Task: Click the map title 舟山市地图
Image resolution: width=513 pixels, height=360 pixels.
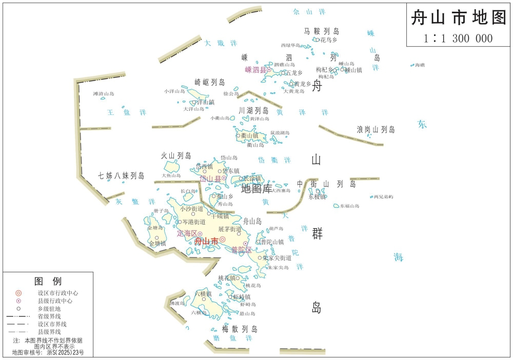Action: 459,18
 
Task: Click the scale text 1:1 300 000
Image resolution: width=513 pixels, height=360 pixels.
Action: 458,38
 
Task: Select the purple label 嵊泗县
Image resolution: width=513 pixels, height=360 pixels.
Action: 255,70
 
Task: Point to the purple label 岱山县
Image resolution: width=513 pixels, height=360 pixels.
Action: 210,178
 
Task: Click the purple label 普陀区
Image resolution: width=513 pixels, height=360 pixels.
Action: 242,250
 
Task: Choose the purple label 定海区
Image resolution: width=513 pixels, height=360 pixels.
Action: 187,233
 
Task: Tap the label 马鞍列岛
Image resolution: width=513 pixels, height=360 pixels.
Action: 322,31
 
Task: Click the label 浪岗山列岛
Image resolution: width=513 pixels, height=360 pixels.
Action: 376,130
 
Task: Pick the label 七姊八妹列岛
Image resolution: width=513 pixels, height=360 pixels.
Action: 122,175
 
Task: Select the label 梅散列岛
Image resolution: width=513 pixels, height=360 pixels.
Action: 240,329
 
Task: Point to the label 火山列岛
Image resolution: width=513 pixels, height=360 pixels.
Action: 176,155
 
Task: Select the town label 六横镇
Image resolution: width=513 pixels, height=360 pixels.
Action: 203,294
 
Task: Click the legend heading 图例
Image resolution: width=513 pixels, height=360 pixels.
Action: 48,281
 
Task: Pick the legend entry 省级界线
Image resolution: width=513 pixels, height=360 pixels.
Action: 49,316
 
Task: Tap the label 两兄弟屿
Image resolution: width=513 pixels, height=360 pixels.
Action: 383,196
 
